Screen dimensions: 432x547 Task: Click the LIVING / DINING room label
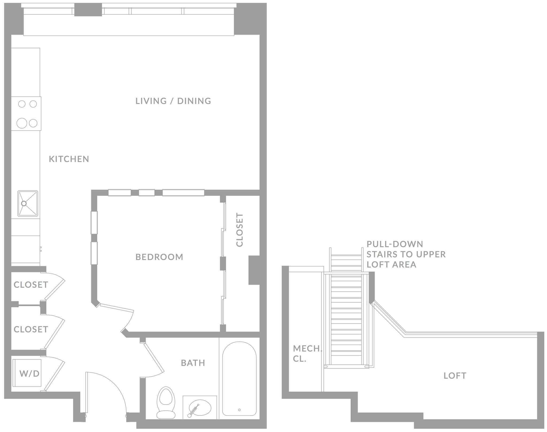point(173,101)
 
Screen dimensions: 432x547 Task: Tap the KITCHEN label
point(69,159)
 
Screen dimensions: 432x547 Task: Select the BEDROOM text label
point(159,257)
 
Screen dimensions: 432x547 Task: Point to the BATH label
point(193,363)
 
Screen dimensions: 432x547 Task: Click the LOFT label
point(455,376)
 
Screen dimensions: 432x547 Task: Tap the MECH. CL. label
point(307,354)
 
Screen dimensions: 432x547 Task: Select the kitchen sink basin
point(28,203)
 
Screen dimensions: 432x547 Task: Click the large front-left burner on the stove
point(22,123)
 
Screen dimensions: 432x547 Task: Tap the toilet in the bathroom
point(166,403)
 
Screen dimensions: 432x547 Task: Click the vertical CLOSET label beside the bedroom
point(240,230)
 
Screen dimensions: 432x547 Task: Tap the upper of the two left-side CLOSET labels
point(31,285)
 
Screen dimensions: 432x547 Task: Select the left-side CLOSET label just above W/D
point(31,329)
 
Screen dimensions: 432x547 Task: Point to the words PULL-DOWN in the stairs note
point(394,244)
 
